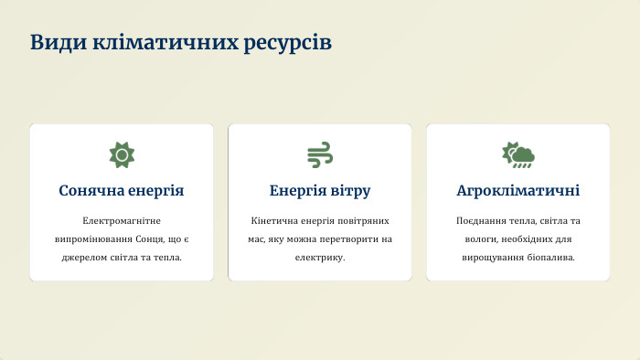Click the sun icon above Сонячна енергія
[121, 154]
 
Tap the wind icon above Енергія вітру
[319, 154]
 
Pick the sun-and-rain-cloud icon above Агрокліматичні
[517, 154]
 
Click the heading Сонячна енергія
[122, 191]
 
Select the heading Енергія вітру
[319, 191]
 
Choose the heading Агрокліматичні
[517, 191]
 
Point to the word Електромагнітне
[122, 221]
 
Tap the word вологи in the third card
[474, 239]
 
